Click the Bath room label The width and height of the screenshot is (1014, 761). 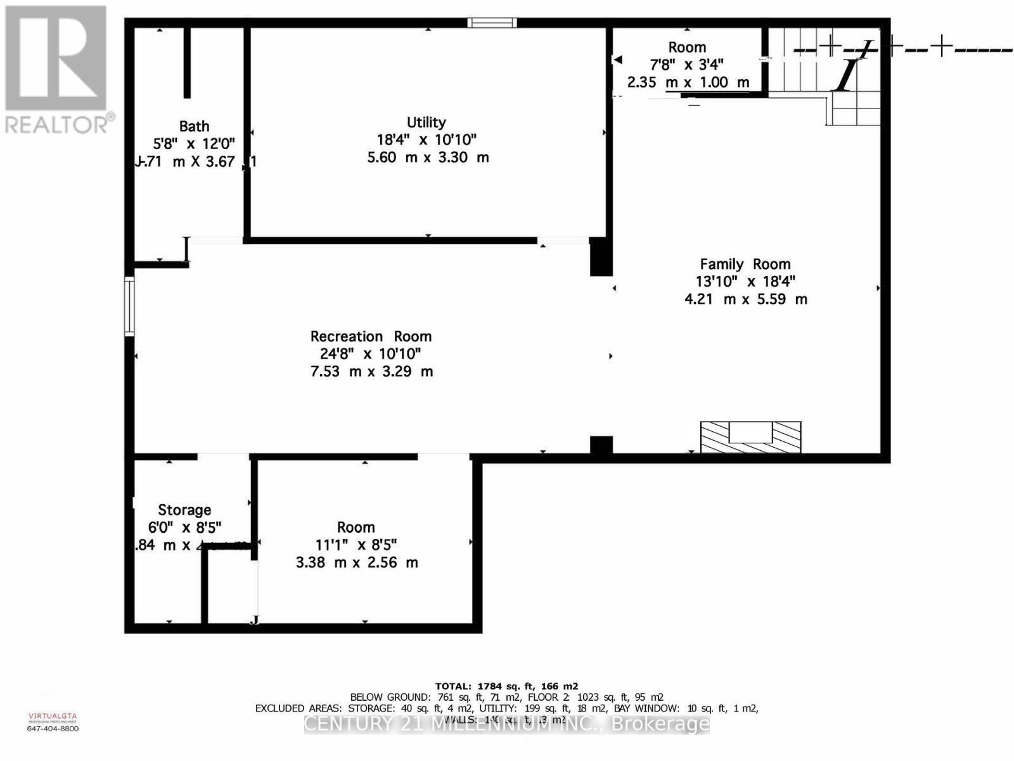[194, 126]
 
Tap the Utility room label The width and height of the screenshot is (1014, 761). [427, 122]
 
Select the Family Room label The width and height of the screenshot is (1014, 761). [745, 264]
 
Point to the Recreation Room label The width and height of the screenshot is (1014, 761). [371, 336]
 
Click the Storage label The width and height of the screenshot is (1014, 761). [184, 510]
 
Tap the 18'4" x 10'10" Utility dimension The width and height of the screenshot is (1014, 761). [427, 140]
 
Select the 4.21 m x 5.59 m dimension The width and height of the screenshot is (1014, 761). [746, 299]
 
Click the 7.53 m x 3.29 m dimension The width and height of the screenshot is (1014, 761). [371, 371]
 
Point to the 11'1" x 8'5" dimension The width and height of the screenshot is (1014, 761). [356, 545]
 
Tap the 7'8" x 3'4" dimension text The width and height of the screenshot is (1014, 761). [687, 64]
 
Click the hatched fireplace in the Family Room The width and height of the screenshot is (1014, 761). [750, 437]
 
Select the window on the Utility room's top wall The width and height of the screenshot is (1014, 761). [492, 23]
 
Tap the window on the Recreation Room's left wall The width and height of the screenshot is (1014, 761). [129, 306]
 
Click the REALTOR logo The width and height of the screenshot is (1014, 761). [57, 70]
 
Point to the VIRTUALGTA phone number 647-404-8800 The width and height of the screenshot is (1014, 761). [53, 729]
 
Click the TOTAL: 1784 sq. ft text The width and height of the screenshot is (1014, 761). [506, 686]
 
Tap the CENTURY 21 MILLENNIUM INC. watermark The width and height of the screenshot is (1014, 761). [506, 724]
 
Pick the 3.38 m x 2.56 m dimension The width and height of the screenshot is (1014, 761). [357, 563]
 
